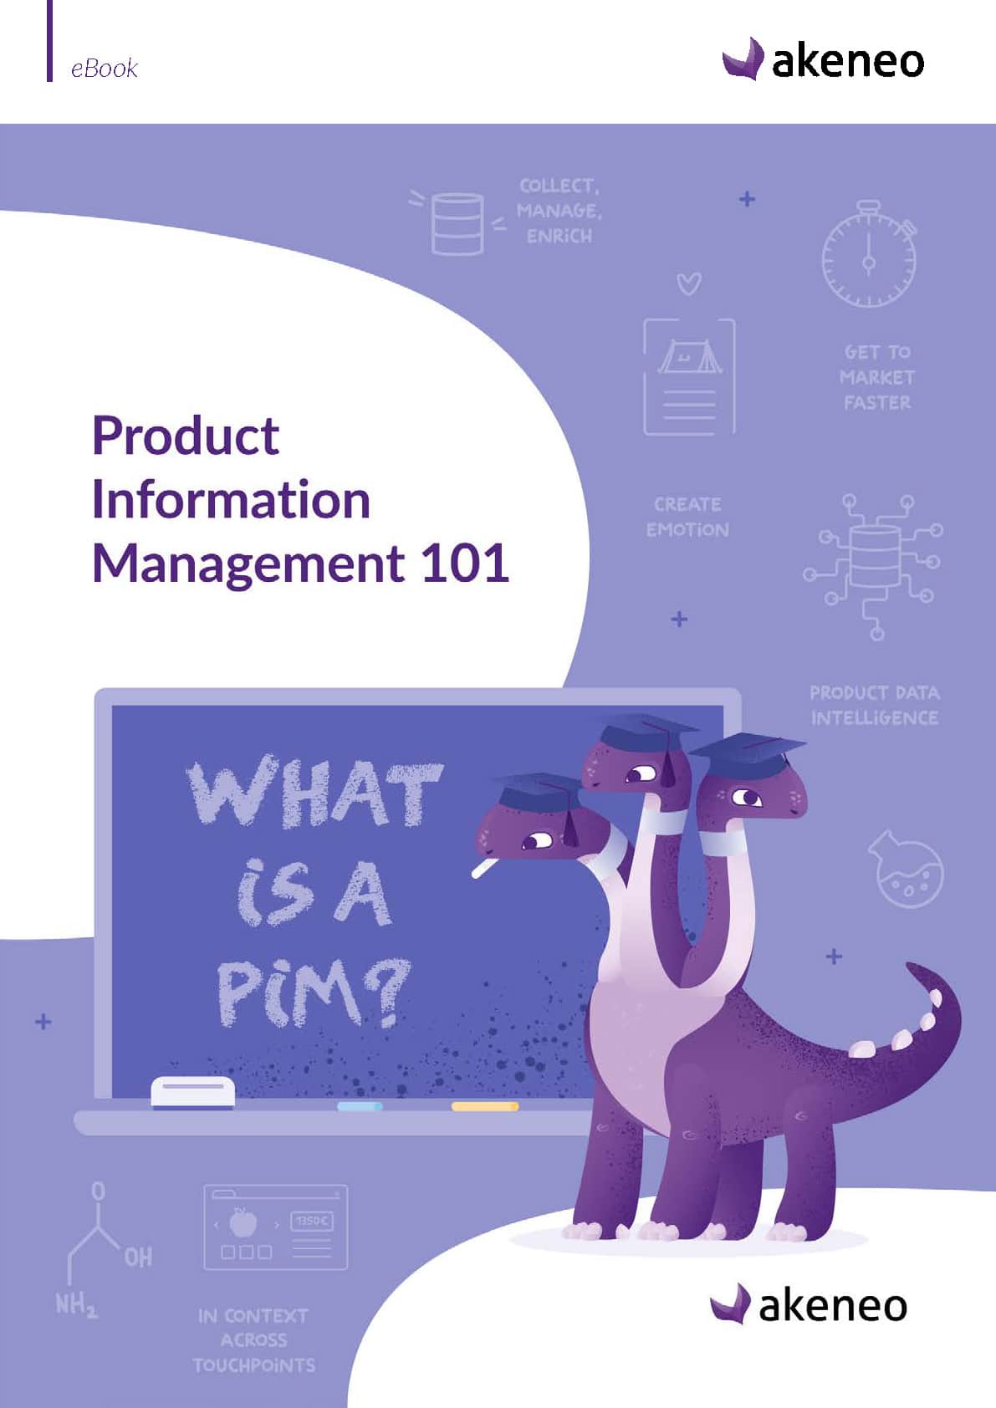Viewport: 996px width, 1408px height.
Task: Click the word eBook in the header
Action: [104, 68]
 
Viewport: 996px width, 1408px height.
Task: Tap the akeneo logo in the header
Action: [823, 59]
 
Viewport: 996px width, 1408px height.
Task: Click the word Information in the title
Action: [232, 500]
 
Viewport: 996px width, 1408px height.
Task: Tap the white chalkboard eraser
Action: [193, 1093]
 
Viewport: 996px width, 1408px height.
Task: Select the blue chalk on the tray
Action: [360, 1106]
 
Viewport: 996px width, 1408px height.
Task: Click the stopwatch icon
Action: [869, 254]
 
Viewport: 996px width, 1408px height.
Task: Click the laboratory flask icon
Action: [906, 869]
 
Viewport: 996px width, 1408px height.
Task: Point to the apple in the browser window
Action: [243, 1222]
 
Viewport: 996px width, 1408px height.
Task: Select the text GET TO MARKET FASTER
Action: [877, 377]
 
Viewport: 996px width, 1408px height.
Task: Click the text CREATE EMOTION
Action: [688, 518]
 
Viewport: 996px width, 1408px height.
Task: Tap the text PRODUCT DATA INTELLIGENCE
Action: [875, 706]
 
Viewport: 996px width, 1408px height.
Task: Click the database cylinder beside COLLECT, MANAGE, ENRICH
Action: [457, 224]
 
